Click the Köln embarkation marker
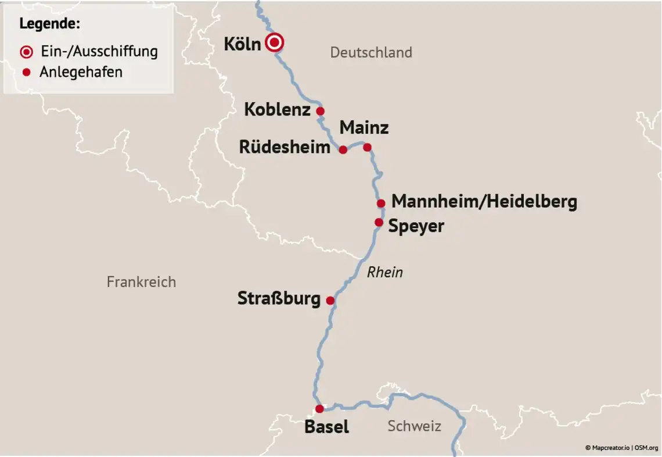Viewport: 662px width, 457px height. pos(275,42)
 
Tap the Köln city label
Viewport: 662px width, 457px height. pos(242,44)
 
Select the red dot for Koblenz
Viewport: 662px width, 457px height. pos(320,111)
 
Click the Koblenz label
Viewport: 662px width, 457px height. pos(277,109)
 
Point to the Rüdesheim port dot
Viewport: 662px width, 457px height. pos(343,149)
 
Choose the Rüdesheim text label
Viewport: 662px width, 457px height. pos(285,147)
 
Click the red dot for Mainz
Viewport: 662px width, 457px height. pos(367,147)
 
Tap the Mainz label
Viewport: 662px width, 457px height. pos(364,127)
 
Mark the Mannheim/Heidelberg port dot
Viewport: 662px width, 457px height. pos(381,203)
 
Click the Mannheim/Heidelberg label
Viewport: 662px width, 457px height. pos(484,202)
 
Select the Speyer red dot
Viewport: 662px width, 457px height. pos(379,222)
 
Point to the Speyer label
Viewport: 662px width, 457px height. pos(416,226)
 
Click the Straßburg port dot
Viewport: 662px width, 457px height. pos(330,301)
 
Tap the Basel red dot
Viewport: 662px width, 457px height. pos(319,409)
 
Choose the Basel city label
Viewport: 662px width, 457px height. pos(326,427)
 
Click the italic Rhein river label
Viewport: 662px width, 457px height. pos(385,272)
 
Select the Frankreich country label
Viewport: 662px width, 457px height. pos(141,282)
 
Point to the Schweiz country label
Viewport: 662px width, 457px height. pos(414,426)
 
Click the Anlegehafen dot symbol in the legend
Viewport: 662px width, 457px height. pos(26,72)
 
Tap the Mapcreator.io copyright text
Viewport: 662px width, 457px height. pos(607,448)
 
